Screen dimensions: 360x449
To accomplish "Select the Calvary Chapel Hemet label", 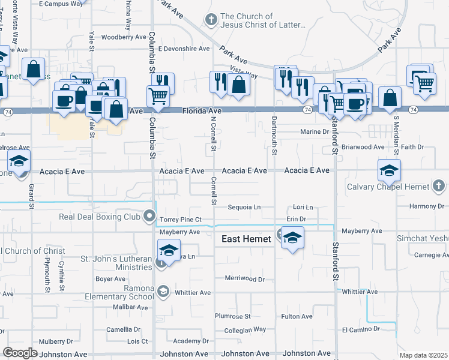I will (x=388, y=187).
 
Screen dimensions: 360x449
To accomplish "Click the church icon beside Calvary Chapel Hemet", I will (x=439, y=187).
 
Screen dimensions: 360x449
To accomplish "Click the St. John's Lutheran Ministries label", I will (x=118, y=263).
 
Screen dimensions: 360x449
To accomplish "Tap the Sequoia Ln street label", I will (x=244, y=208).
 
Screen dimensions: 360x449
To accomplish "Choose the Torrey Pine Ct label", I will (x=180, y=220).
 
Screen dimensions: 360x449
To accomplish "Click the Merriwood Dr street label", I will (x=244, y=280).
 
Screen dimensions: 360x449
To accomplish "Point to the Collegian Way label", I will (x=244, y=329).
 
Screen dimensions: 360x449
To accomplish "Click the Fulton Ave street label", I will (x=297, y=316).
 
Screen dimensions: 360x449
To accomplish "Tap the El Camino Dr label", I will (x=361, y=329).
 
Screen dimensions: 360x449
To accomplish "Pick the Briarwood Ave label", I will (x=363, y=147).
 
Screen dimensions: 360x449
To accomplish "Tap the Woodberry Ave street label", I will (x=124, y=37).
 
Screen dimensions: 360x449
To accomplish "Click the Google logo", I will (x=20, y=353).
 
